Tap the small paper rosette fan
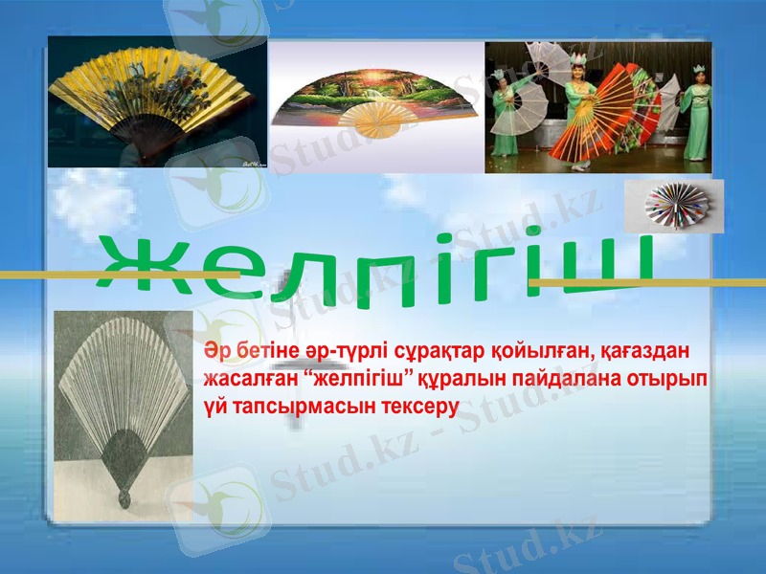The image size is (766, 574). (673, 205)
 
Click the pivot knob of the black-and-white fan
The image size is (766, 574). (124, 498)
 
